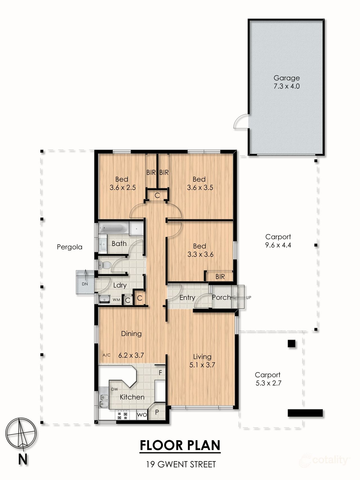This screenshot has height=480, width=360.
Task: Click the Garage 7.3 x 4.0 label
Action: click(286, 82)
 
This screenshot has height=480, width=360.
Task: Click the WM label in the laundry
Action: click(116, 300)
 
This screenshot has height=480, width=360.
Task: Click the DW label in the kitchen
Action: click(114, 389)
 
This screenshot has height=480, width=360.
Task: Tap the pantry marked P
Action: click(157, 412)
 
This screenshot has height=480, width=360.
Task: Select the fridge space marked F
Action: click(160, 373)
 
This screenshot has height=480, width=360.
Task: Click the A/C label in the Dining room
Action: click(106, 355)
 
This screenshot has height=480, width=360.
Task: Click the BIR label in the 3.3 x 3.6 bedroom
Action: click(220, 277)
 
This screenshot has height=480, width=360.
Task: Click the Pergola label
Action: click(69, 247)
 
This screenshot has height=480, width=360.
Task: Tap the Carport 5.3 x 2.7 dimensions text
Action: click(268, 383)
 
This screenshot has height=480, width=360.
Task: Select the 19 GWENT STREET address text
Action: click(181, 464)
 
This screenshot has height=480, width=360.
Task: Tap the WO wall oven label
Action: click(141, 415)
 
